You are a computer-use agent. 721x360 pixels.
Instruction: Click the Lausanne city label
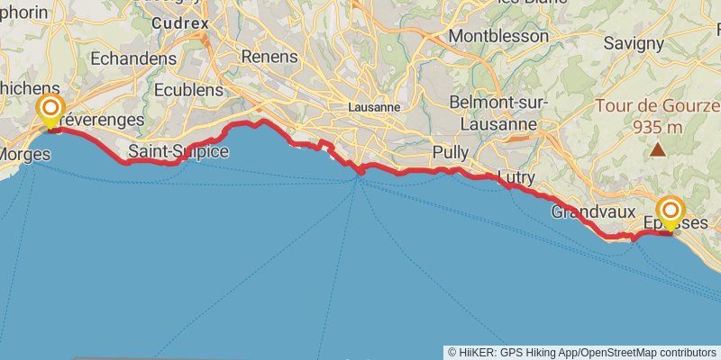[x=374, y=106]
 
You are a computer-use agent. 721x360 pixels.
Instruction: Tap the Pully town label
[x=451, y=152]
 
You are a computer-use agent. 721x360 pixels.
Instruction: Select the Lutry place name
[x=516, y=178]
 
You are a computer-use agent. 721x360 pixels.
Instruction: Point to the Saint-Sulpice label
[x=178, y=151]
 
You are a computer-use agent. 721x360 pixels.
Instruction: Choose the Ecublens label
[x=187, y=90]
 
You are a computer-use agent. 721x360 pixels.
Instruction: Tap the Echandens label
[x=133, y=58]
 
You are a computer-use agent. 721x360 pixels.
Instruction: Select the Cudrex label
[x=180, y=22]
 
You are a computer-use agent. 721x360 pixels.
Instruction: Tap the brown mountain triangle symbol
[x=659, y=150]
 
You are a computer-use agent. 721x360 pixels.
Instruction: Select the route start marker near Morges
[x=51, y=112]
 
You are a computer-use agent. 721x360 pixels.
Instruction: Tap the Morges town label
[x=25, y=154]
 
